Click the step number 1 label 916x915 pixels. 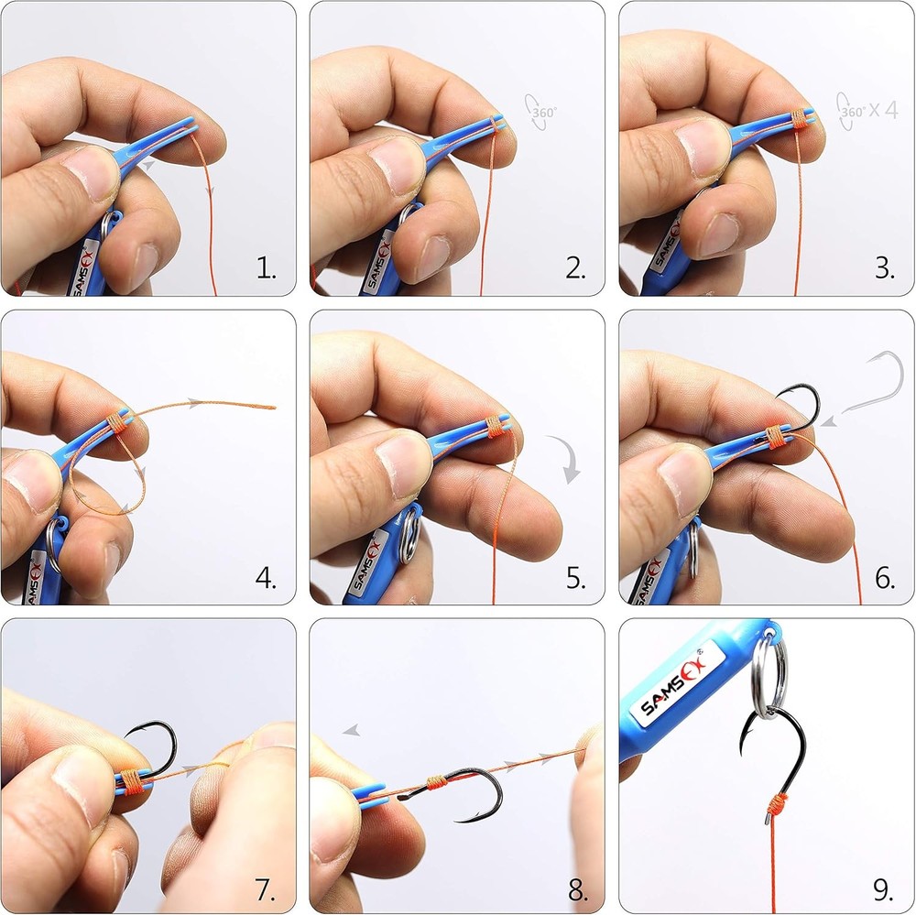266,268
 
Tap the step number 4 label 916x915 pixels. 266,578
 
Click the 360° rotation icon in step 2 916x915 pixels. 541,111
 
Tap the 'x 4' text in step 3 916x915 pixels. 883,110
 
